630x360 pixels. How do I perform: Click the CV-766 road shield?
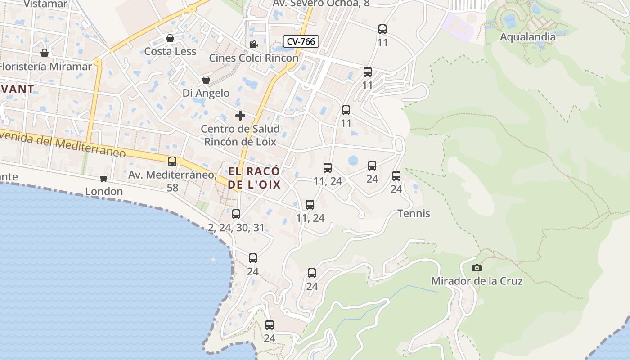pos(301,41)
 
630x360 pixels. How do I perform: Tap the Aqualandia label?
pos(528,37)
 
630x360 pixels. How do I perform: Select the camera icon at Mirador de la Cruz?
pos(477,268)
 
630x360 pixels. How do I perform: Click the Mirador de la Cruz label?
pos(477,281)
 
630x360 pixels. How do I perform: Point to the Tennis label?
pos(414,213)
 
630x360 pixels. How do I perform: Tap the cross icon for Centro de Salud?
pos(240,116)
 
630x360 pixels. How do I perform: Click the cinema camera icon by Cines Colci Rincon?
pos(253,44)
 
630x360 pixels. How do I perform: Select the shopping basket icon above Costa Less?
pos(170,38)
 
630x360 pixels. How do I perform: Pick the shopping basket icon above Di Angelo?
pos(206,80)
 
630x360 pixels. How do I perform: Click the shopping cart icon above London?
pos(104,178)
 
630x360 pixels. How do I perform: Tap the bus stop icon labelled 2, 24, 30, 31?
pos(236,214)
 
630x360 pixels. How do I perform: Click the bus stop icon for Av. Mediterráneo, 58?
pos(172,162)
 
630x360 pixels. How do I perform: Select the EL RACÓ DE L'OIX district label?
pos(254,178)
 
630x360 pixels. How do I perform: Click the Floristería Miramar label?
pos(45,67)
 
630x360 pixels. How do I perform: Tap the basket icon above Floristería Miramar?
pos(45,53)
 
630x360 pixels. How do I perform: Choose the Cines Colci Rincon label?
pos(253,58)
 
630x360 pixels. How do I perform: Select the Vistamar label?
pos(45,4)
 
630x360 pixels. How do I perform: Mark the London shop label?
pos(104,191)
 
